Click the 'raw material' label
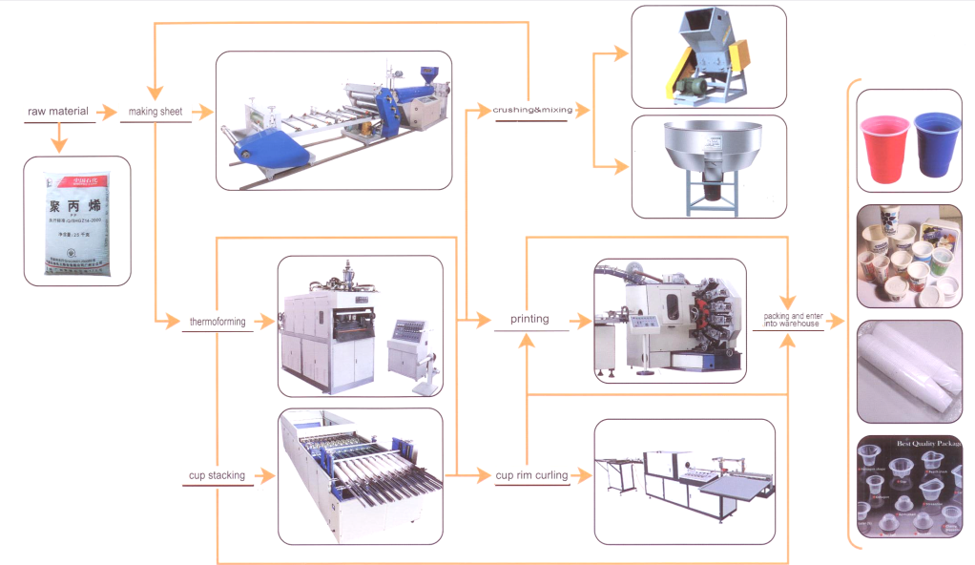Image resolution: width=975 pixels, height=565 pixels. [57, 112]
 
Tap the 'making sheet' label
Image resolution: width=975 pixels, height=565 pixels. [155, 112]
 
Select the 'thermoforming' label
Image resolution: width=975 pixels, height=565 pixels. [214, 322]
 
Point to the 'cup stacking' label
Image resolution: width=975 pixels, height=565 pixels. [216, 474]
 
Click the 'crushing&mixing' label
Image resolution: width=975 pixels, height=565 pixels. [532, 111]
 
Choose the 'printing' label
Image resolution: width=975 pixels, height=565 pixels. [529, 319]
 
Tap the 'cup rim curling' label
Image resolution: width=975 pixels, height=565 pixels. [531, 474]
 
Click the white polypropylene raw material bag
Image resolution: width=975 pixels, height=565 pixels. [76, 222]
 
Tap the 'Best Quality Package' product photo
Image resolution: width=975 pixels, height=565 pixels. [908, 487]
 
